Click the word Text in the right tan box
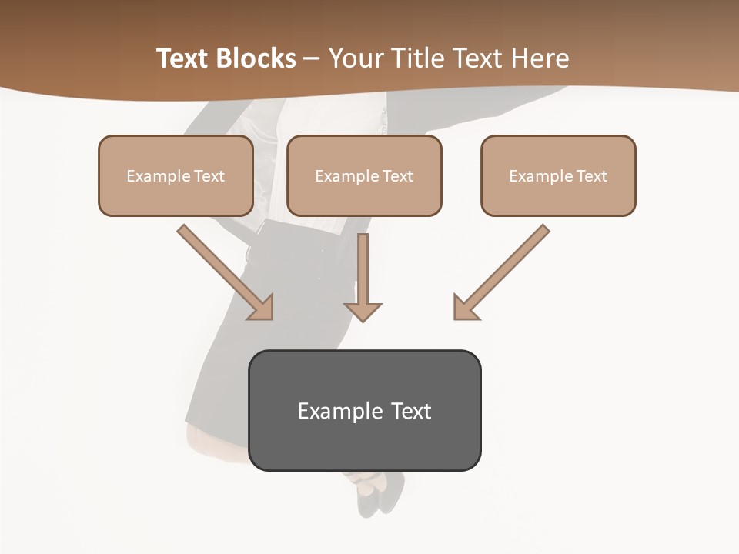pos(591,176)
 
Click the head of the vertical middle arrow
pos(363,312)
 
